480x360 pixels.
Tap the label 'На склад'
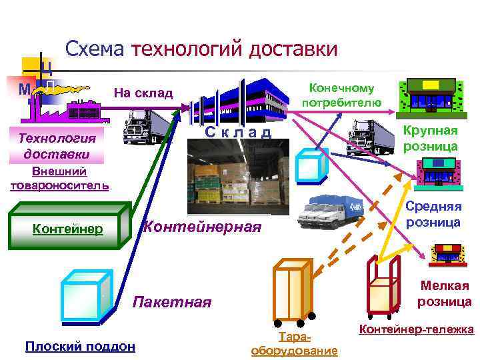tap(143, 93)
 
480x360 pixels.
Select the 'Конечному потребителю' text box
tap(341, 95)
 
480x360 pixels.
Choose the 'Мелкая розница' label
tap(444, 293)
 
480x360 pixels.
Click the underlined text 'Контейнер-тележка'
tap(416, 329)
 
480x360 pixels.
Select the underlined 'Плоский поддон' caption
tap(79, 346)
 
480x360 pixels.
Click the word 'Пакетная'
tap(172, 302)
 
